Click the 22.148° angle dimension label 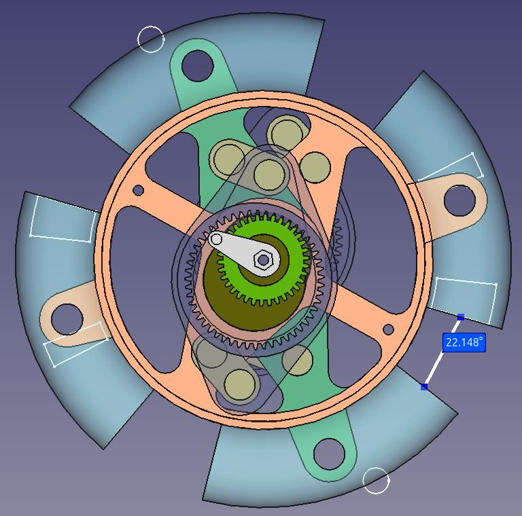(464, 342)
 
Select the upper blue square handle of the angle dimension (461, 317)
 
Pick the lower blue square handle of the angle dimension (424, 387)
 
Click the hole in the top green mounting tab (197, 65)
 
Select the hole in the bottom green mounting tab (329, 454)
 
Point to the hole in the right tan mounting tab (459, 201)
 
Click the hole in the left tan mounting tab (67, 319)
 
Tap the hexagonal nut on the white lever (263, 260)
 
